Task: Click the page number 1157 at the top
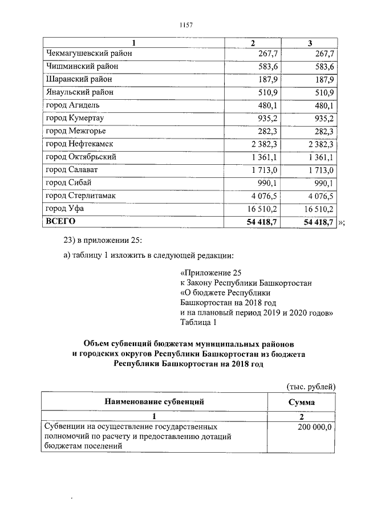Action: click(x=185, y=25)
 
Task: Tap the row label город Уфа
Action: click(x=64, y=209)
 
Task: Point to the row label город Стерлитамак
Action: click(x=80, y=196)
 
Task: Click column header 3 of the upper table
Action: click(x=310, y=43)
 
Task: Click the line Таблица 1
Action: click(x=198, y=323)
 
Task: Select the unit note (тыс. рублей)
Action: click(x=311, y=387)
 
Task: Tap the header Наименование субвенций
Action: click(x=155, y=402)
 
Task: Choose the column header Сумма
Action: click(x=302, y=403)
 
